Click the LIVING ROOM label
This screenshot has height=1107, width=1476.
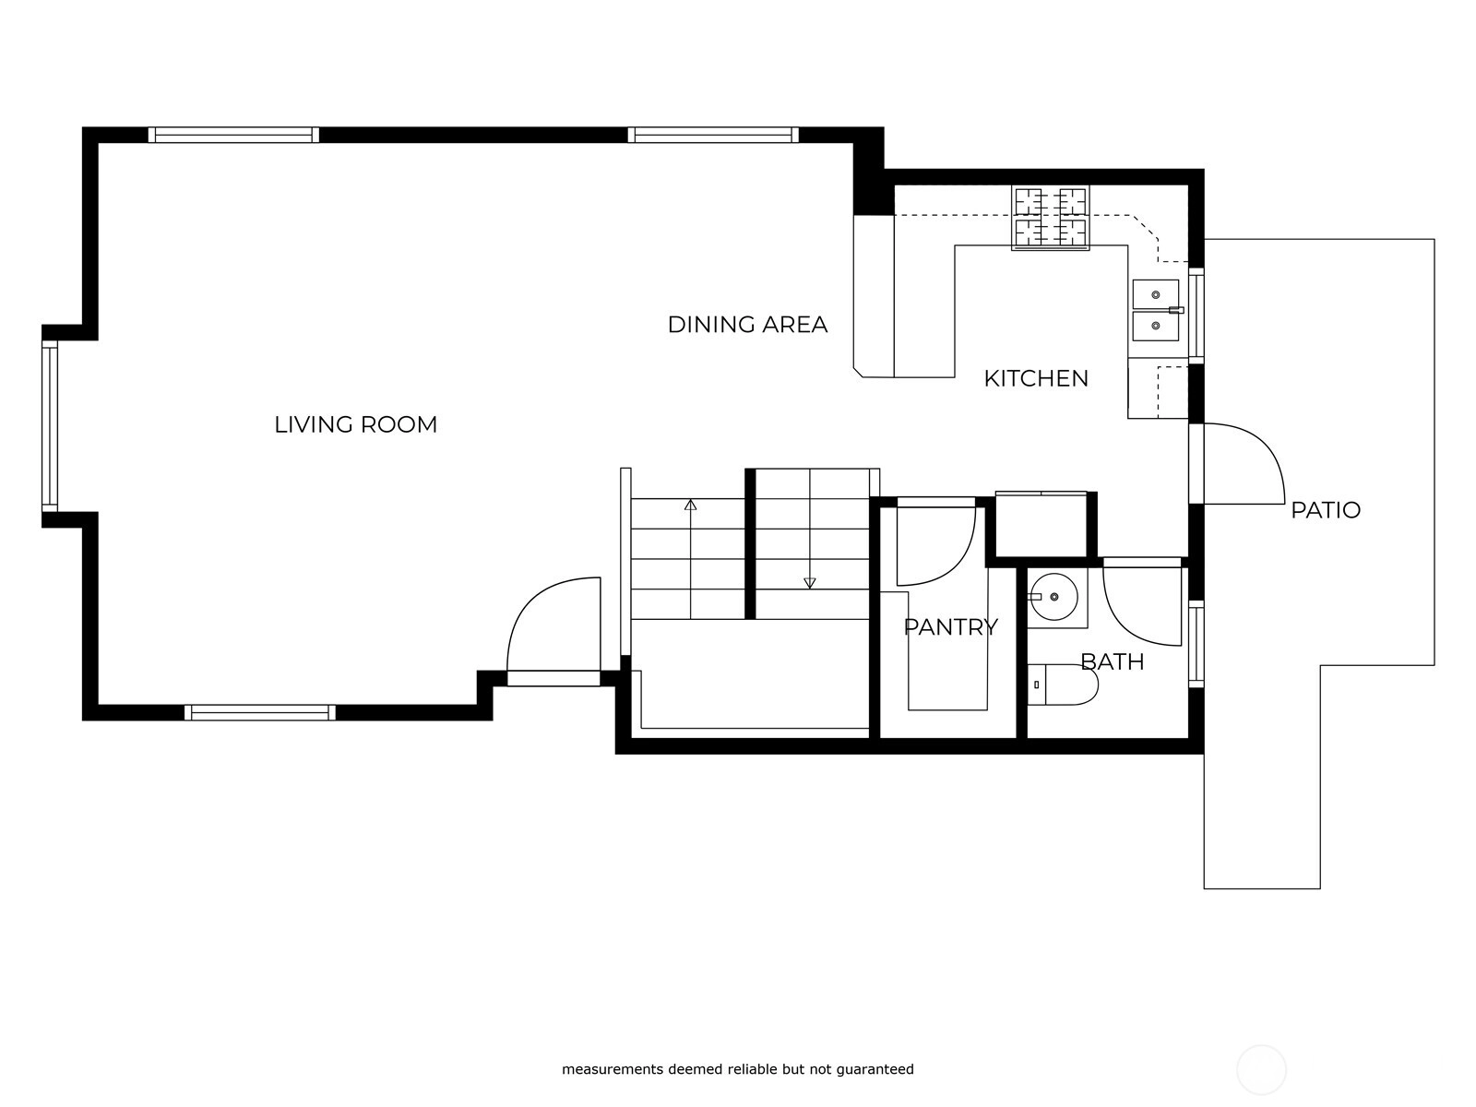tap(356, 424)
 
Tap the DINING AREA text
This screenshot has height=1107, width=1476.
tap(747, 325)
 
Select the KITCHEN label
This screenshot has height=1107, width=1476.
tap(1036, 378)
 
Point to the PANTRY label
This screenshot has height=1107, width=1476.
tap(950, 627)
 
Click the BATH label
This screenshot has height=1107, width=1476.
tap(1113, 662)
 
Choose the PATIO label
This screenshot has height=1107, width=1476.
tap(1326, 510)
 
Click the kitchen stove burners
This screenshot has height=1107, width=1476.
tap(1051, 218)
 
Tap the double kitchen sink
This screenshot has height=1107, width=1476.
tap(1156, 311)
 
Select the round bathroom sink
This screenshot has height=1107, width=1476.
tap(1053, 597)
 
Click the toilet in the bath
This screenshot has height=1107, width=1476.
tap(1063, 684)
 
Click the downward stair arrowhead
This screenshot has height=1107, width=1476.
tap(810, 583)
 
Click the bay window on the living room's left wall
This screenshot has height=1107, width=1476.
tap(50, 426)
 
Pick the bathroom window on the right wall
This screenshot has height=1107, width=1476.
tap(1196, 645)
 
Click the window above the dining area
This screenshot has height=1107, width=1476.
tap(713, 135)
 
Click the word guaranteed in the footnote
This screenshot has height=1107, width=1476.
tap(875, 1068)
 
